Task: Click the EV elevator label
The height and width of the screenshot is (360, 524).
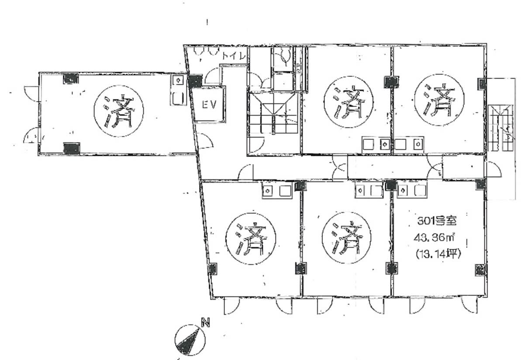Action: coord(209,104)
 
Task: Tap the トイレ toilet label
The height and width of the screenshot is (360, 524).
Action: coord(234,55)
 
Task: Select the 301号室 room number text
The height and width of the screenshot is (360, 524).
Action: coord(437,221)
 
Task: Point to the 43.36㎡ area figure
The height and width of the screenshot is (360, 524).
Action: coord(434,238)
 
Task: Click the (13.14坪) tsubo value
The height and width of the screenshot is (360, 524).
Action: coord(438,254)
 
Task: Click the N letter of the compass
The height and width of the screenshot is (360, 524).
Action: coord(205,322)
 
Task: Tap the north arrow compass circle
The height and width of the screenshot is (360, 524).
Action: coord(190,340)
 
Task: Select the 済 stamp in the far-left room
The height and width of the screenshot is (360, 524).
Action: coord(119,111)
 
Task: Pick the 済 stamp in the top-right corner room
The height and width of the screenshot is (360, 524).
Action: coord(439,100)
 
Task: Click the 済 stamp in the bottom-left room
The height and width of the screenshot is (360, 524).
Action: coord(251,238)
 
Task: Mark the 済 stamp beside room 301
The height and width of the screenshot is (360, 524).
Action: coord(346,237)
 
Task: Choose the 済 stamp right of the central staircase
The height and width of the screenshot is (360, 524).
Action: coord(348,102)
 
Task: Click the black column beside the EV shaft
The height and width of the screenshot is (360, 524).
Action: coord(195,82)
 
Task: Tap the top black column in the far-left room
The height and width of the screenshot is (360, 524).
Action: coord(71,79)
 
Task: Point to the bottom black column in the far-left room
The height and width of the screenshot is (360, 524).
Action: coord(72,148)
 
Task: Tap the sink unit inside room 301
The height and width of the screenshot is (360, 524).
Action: coord(412,191)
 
